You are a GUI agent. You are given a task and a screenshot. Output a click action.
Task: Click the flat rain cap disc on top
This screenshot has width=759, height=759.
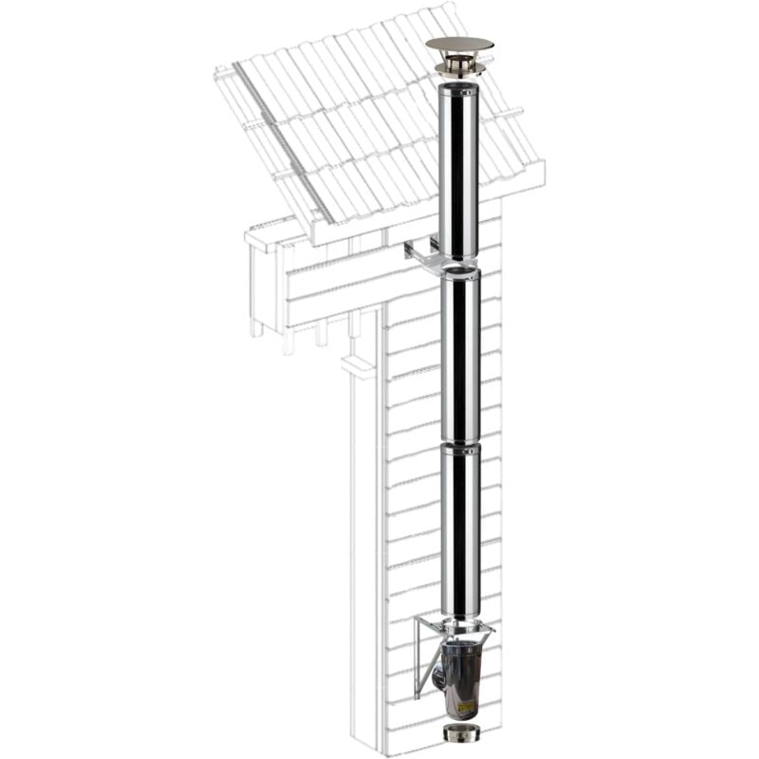[x=459, y=44]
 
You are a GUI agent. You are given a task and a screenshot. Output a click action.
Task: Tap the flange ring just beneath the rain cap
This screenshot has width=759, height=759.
[x=459, y=69]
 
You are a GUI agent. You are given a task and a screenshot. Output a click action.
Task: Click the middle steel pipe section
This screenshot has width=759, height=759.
[x=460, y=356]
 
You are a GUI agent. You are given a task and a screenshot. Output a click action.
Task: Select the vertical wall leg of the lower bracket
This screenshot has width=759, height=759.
[x=417, y=659]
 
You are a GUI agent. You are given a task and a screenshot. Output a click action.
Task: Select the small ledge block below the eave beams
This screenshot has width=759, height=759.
[x=359, y=365]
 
